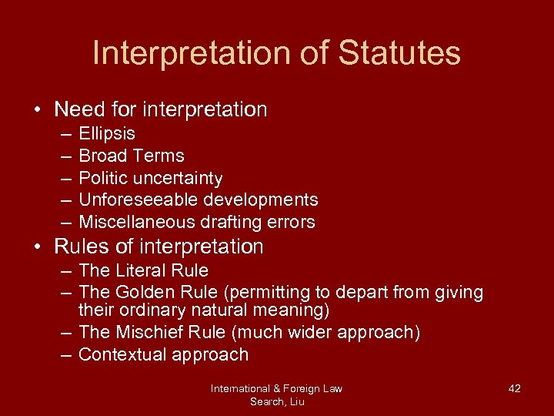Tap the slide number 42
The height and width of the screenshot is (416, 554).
tap(515, 388)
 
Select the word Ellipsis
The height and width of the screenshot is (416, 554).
tap(107, 134)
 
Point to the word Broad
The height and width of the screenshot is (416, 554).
tap(102, 156)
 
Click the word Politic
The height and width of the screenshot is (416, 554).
tap(105, 179)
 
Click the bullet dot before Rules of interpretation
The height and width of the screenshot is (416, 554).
tap(37, 247)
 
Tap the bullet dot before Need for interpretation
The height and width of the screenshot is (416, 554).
tap(37, 110)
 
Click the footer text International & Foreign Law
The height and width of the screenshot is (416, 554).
tap(276, 388)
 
